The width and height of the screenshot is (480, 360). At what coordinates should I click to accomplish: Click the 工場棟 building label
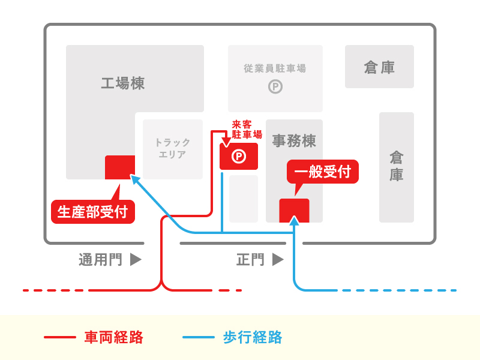coord(122,83)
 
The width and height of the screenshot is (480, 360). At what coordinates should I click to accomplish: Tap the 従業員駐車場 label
coord(275,68)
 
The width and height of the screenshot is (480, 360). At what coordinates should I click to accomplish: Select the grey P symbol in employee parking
coord(275,87)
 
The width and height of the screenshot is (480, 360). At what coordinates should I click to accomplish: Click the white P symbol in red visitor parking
coord(239,157)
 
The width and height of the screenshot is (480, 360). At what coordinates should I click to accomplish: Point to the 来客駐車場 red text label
coord(247,130)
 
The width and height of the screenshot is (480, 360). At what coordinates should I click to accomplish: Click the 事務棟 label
coord(294,141)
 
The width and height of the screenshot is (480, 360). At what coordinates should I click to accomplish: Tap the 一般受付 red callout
coord(323,172)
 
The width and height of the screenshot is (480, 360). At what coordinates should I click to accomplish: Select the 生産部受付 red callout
coord(92,212)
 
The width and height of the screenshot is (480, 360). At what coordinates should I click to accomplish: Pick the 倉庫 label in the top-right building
coord(379,67)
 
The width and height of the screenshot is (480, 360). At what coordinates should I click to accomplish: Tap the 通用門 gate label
coord(100,260)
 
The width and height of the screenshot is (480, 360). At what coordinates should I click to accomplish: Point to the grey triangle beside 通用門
coord(136,260)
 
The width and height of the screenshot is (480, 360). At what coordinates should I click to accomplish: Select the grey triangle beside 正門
coord(277,260)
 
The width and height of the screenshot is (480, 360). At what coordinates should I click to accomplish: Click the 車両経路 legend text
coord(113,337)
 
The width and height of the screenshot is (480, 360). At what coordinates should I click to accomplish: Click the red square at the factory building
coord(119,167)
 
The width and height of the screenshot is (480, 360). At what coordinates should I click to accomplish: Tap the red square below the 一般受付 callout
coord(294,210)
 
